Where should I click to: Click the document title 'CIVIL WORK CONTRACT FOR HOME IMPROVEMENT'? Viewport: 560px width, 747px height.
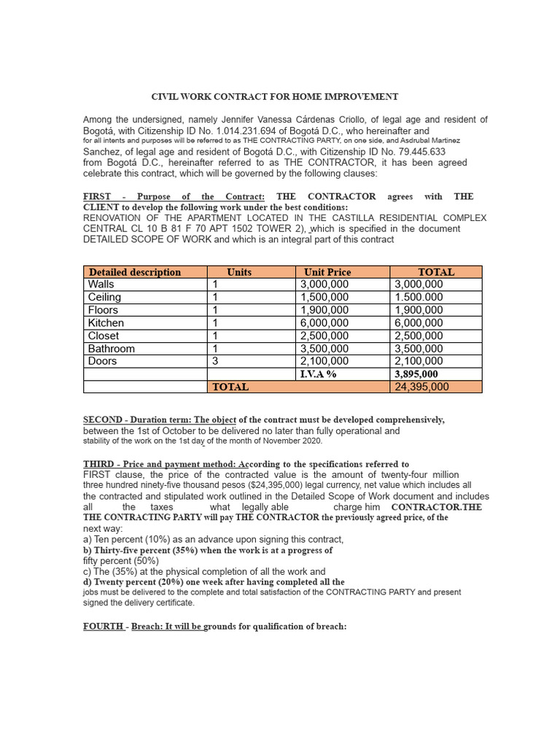click(274, 96)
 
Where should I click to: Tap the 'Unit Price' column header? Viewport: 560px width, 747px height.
click(327, 272)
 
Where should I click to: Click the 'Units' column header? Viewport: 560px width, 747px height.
click(239, 272)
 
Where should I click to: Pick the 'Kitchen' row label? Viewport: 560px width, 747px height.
click(106, 323)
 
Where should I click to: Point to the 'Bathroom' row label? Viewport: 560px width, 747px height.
click(111, 349)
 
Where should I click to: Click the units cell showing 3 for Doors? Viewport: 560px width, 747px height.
click(215, 361)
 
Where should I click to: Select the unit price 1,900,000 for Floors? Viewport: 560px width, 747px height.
click(324, 310)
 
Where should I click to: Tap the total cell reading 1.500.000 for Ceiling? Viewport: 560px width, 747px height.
click(418, 298)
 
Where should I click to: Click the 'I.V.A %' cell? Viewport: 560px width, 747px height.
click(319, 374)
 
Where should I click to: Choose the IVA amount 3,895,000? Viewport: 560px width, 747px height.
click(416, 374)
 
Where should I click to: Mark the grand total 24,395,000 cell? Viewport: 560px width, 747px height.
click(421, 387)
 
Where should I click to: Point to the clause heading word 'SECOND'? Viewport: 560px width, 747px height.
click(103, 420)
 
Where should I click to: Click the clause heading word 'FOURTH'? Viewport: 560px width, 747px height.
click(104, 626)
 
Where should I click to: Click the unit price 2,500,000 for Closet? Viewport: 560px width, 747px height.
click(324, 336)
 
